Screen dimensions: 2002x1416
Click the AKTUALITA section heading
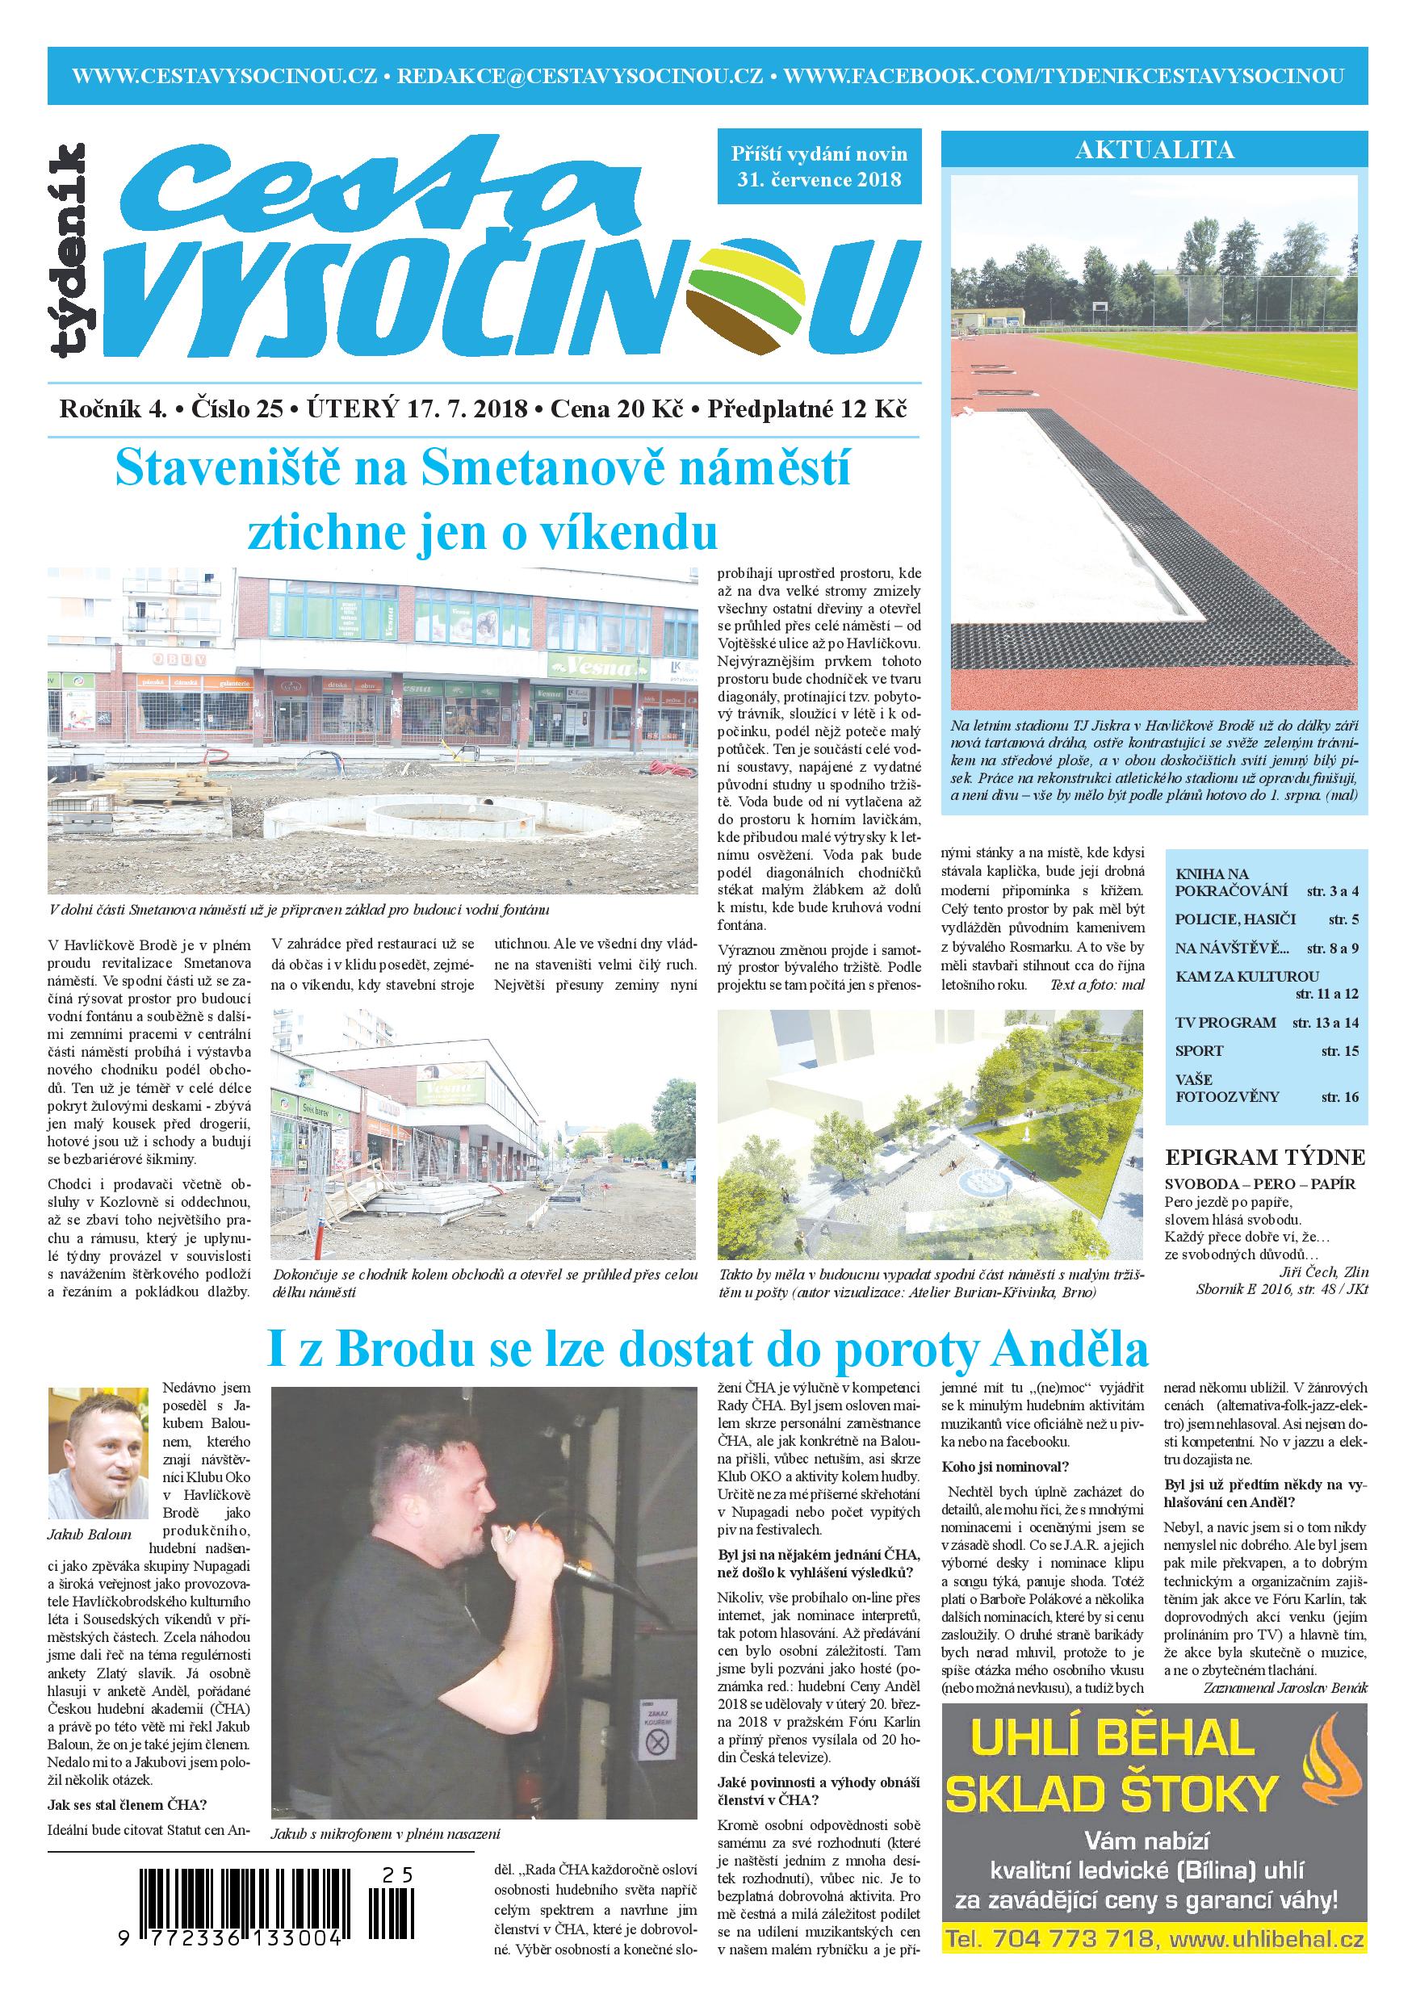[1154, 150]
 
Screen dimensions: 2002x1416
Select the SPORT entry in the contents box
[1199, 1051]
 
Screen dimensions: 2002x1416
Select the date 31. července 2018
[817, 181]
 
